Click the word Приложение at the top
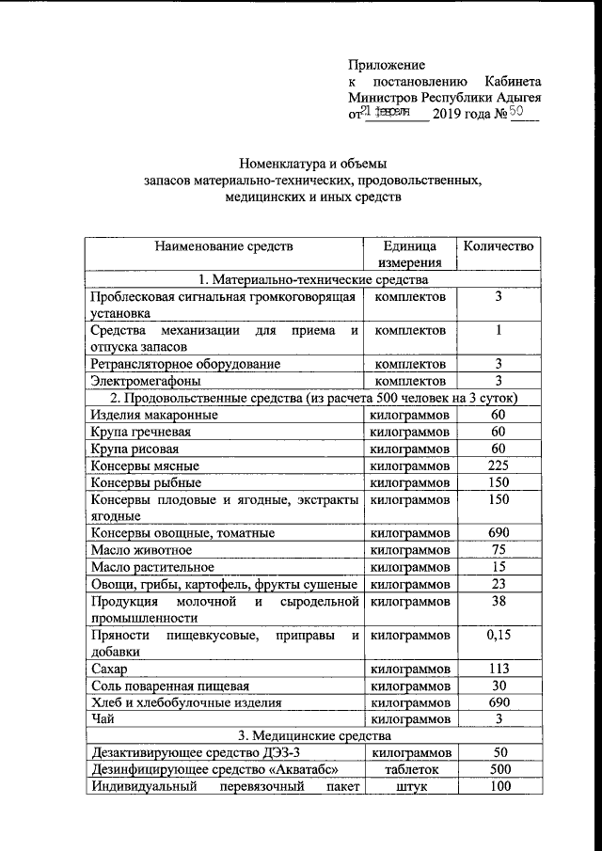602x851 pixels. (387, 65)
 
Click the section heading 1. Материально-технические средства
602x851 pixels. (312, 279)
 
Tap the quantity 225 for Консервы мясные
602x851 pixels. (499, 465)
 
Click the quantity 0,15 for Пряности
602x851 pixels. (499, 636)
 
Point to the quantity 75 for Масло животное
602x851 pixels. (499, 550)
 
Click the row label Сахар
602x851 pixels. (109, 670)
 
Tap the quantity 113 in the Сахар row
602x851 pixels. (499, 670)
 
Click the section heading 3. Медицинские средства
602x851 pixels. (312, 736)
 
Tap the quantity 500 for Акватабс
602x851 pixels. (499, 770)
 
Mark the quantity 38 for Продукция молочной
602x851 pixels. (499, 602)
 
